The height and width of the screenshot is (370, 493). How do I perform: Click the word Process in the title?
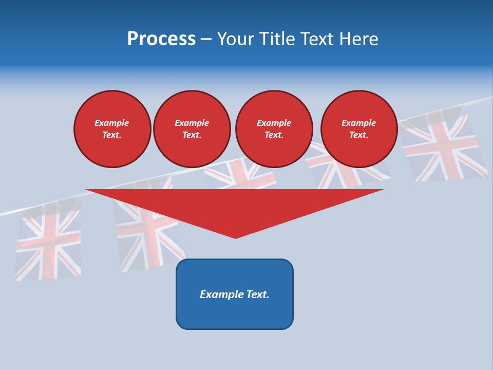point(161,39)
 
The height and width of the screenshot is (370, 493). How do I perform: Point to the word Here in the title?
point(359,39)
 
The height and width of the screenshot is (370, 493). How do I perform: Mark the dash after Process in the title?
point(206,40)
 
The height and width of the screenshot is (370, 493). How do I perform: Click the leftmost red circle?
point(112,129)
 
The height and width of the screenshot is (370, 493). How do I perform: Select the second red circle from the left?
point(192,129)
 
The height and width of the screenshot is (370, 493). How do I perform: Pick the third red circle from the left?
point(274,129)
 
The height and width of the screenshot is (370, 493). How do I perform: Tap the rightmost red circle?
point(359,129)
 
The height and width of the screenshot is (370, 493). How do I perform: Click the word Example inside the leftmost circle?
point(112,123)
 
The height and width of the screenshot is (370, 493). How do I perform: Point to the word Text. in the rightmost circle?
point(359,135)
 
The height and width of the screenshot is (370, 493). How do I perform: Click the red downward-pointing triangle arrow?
point(235,206)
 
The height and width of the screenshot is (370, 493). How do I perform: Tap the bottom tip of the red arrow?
point(235,237)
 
